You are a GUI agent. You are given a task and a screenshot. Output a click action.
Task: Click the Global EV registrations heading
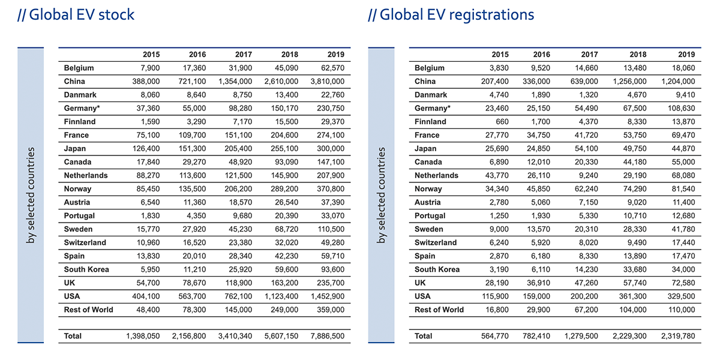tap(451, 14)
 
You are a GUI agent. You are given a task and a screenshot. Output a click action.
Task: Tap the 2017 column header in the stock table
tap(244, 55)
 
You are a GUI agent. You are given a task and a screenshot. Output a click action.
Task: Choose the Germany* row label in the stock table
tap(82, 108)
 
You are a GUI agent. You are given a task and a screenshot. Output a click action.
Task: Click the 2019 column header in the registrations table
tap(686, 55)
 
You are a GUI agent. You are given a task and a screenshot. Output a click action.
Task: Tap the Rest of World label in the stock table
tap(89, 310)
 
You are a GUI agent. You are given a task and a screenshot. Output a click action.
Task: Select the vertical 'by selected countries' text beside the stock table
tap(31, 195)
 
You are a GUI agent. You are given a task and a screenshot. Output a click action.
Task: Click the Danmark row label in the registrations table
tap(431, 95)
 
